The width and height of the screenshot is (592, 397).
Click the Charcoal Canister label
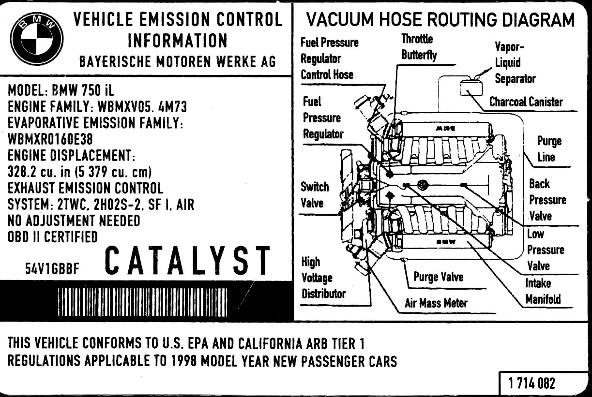point(526,102)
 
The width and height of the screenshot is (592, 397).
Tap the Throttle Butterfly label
point(418,47)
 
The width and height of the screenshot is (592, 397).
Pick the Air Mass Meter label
point(436,303)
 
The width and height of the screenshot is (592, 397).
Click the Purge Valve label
point(438,277)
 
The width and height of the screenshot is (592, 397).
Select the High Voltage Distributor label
point(323,278)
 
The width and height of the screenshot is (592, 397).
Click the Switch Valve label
point(314,194)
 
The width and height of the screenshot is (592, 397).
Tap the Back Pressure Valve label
point(547,200)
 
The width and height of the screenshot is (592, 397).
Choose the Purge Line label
point(549,149)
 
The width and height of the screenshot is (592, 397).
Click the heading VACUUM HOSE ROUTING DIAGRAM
point(440,20)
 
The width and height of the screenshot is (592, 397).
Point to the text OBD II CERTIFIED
point(53,237)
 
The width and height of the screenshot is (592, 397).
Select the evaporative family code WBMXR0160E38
point(50,140)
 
